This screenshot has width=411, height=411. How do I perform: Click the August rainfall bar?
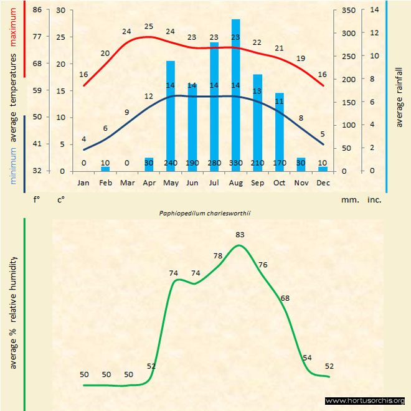pyautogui.click(x=235, y=93)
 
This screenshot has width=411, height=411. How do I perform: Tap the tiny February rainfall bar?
pyautogui.click(x=105, y=168)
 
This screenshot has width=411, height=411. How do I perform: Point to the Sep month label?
pyautogui.click(x=257, y=183)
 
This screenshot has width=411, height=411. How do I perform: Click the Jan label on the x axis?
pyautogui.click(x=83, y=183)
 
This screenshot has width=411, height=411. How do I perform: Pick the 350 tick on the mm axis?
pyautogui.click(x=349, y=10)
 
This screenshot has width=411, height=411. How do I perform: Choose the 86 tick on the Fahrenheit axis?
pyautogui.click(x=37, y=10)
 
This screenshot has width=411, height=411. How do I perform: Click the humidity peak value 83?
pyautogui.click(x=240, y=235)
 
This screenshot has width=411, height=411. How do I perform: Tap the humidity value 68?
pyautogui.click(x=285, y=298)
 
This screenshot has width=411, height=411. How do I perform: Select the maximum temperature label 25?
pyautogui.click(x=148, y=26)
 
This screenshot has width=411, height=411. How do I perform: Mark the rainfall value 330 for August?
pyautogui.click(x=235, y=163)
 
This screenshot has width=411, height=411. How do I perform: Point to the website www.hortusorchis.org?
pyautogui.click(x=366, y=400)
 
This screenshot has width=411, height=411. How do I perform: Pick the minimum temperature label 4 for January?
pyautogui.click(x=83, y=139)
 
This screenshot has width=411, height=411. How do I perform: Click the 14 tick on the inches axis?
pyautogui.click(x=374, y=10)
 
